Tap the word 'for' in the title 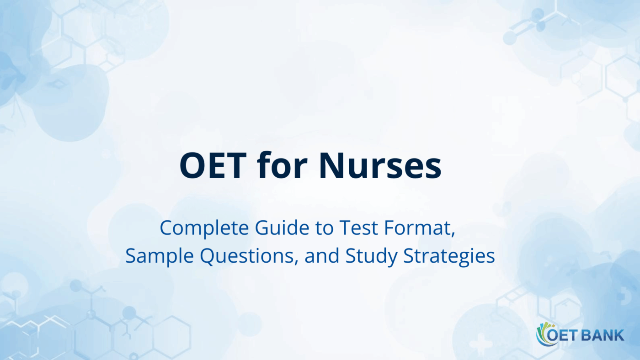click(x=283, y=165)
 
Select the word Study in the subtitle click(x=371, y=257)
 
